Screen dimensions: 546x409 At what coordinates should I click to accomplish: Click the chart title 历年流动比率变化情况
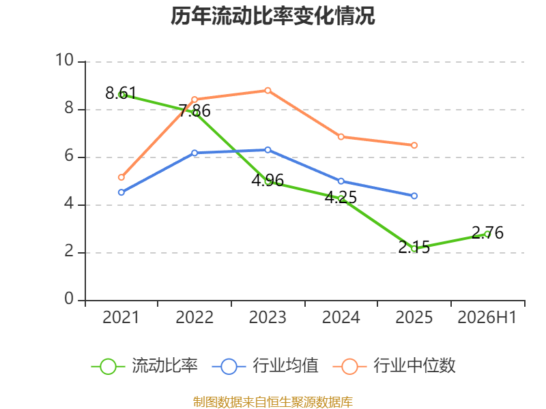[x=272, y=16]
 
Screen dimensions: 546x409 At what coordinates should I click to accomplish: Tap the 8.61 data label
[x=121, y=93]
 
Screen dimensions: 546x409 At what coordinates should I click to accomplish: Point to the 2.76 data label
[x=487, y=232]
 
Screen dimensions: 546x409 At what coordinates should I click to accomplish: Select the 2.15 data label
[x=414, y=247]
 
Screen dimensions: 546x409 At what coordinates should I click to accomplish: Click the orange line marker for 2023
[x=268, y=91]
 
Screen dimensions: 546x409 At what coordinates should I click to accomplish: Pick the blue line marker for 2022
[x=195, y=153]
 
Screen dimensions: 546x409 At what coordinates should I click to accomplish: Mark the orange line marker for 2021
[x=121, y=177]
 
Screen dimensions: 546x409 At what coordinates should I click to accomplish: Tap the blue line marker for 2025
[x=414, y=196]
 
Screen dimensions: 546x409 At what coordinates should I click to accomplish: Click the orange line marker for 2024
[x=341, y=137]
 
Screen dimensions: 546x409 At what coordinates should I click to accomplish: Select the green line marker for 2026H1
[x=487, y=234]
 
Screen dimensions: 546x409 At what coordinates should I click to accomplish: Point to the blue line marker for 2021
[x=121, y=192]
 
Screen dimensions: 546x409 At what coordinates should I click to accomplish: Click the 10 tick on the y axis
[x=65, y=60]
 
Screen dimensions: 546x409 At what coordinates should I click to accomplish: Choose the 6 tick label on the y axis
[x=69, y=156]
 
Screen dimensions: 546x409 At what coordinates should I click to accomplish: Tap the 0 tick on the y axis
[x=69, y=299]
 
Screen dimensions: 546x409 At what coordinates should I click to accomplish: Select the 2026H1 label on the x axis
[x=487, y=317]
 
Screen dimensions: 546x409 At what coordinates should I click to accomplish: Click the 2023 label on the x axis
[x=268, y=317]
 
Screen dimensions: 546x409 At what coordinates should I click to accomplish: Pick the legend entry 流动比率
[x=145, y=366]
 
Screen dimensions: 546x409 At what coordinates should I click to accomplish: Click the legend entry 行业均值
[x=265, y=366]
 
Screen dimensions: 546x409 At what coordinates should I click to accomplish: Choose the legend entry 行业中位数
[x=394, y=366]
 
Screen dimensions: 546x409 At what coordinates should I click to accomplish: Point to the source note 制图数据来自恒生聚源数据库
[x=272, y=402]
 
